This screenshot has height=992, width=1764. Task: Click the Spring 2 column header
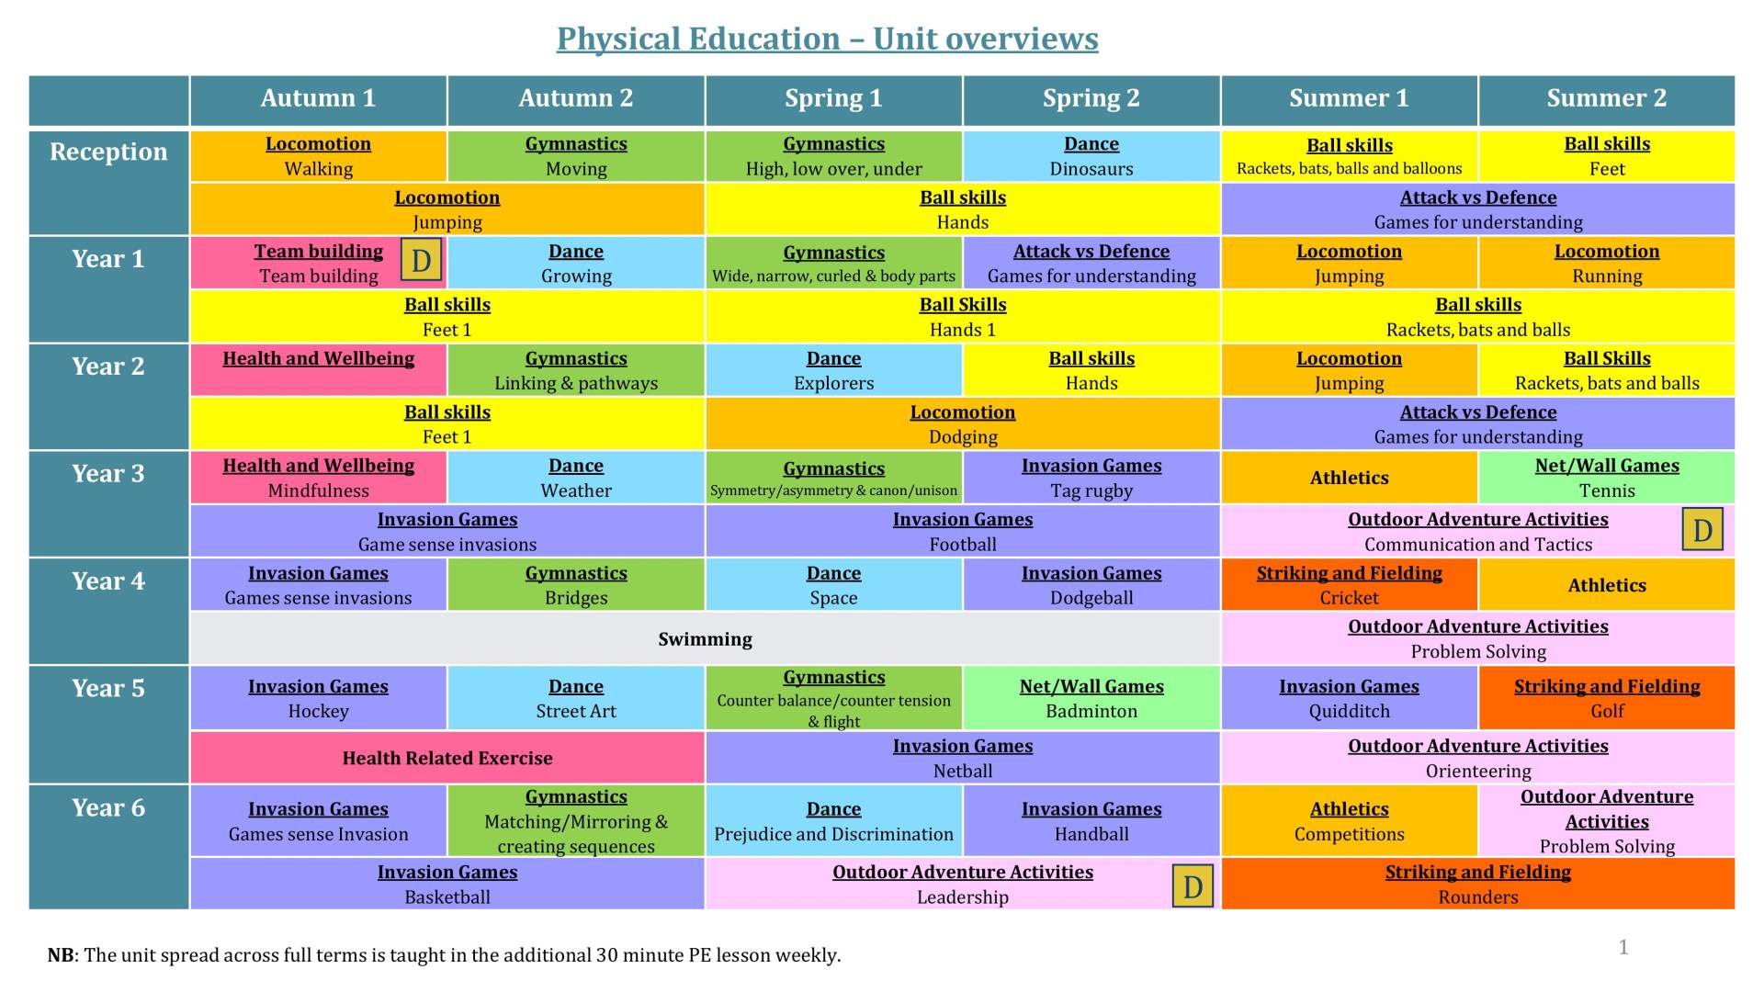pos(1091,99)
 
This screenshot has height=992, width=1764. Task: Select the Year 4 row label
pos(108,581)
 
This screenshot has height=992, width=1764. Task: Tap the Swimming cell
pos(705,639)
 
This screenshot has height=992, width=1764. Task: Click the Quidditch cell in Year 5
pos(1349,699)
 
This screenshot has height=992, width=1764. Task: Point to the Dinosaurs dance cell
pos(1091,156)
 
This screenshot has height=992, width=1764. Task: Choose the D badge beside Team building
pos(422,261)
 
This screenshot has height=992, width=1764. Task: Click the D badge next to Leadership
pos(1193,886)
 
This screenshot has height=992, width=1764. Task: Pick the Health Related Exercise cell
pos(447,758)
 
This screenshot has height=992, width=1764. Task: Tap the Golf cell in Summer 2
pos(1607,699)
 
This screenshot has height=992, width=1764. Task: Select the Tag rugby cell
pos(1091,478)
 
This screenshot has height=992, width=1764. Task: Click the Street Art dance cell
pos(576,699)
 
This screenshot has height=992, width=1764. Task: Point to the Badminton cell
pos(1091,699)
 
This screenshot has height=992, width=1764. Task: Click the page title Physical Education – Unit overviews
pos(827,39)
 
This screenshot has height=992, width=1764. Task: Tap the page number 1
pos(1623,947)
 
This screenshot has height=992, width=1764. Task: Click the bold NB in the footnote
pos(61,955)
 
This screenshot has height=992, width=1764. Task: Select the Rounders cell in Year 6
pos(1477,884)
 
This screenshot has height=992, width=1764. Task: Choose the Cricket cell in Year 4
pos(1349,585)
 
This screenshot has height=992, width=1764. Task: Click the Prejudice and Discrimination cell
pos(833,821)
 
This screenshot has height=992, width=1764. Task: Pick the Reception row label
pos(108,152)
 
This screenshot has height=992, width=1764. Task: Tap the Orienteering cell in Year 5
pos(1477,758)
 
